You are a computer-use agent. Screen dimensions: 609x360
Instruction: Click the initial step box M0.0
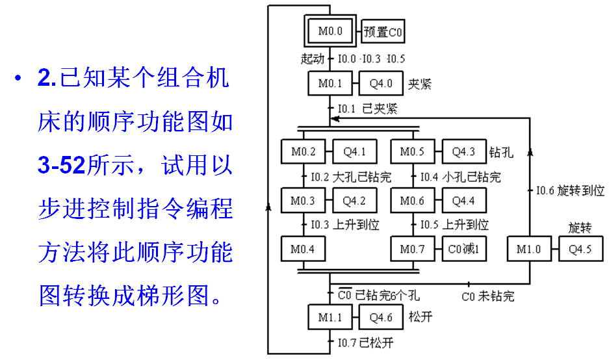(x=330, y=31)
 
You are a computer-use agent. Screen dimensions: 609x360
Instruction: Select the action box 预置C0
(x=383, y=31)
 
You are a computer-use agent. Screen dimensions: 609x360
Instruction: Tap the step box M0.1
(x=330, y=83)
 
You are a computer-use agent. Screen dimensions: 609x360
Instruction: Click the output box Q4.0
(x=381, y=83)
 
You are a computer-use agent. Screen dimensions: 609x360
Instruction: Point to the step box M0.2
(x=304, y=151)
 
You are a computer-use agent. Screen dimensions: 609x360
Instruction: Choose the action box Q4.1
(x=355, y=151)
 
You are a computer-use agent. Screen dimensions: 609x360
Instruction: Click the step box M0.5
(x=413, y=151)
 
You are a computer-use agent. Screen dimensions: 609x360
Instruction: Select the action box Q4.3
(x=464, y=151)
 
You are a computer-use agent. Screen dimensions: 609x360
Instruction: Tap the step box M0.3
(x=304, y=200)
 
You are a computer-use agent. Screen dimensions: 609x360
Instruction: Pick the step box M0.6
(x=413, y=200)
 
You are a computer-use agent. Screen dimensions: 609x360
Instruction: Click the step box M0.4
(x=304, y=248)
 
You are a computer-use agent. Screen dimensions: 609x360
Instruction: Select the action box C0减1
(x=464, y=248)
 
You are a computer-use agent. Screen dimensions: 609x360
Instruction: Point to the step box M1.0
(x=529, y=248)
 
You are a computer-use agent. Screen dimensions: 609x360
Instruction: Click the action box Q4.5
(x=580, y=248)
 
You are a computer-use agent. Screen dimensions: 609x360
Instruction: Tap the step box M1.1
(x=330, y=317)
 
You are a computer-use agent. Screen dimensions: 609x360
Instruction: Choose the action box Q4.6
(x=381, y=317)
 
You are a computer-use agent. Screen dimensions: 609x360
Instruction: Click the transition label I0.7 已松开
(x=365, y=343)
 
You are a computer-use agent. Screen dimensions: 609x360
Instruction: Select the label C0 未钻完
(x=488, y=297)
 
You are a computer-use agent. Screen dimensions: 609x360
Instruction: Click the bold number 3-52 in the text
(x=61, y=165)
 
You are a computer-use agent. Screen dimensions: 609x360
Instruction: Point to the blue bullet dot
(x=18, y=78)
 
